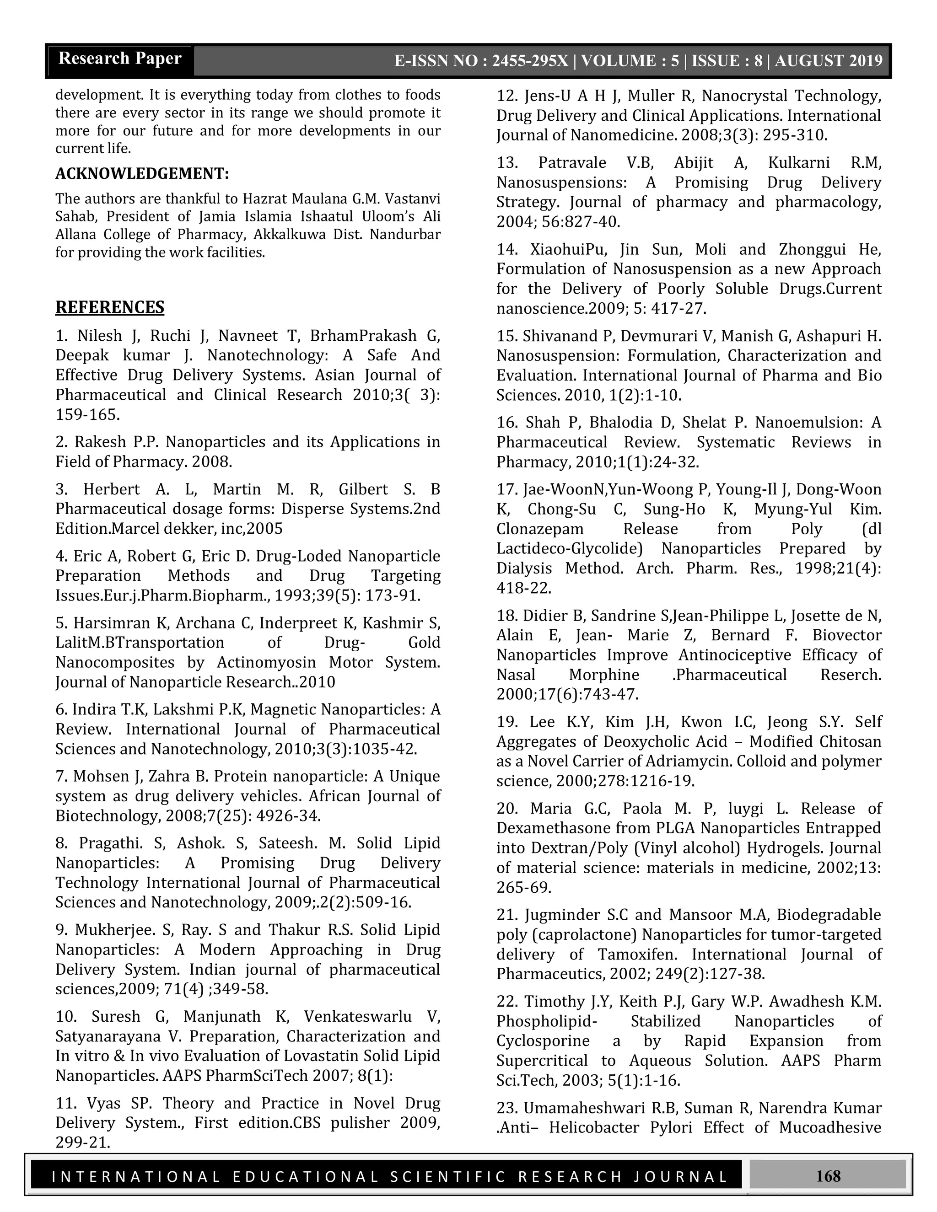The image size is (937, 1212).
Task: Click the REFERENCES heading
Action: click(109, 307)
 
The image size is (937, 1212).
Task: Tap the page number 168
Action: click(828, 1176)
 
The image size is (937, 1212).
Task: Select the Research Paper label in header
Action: click(120, 59)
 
